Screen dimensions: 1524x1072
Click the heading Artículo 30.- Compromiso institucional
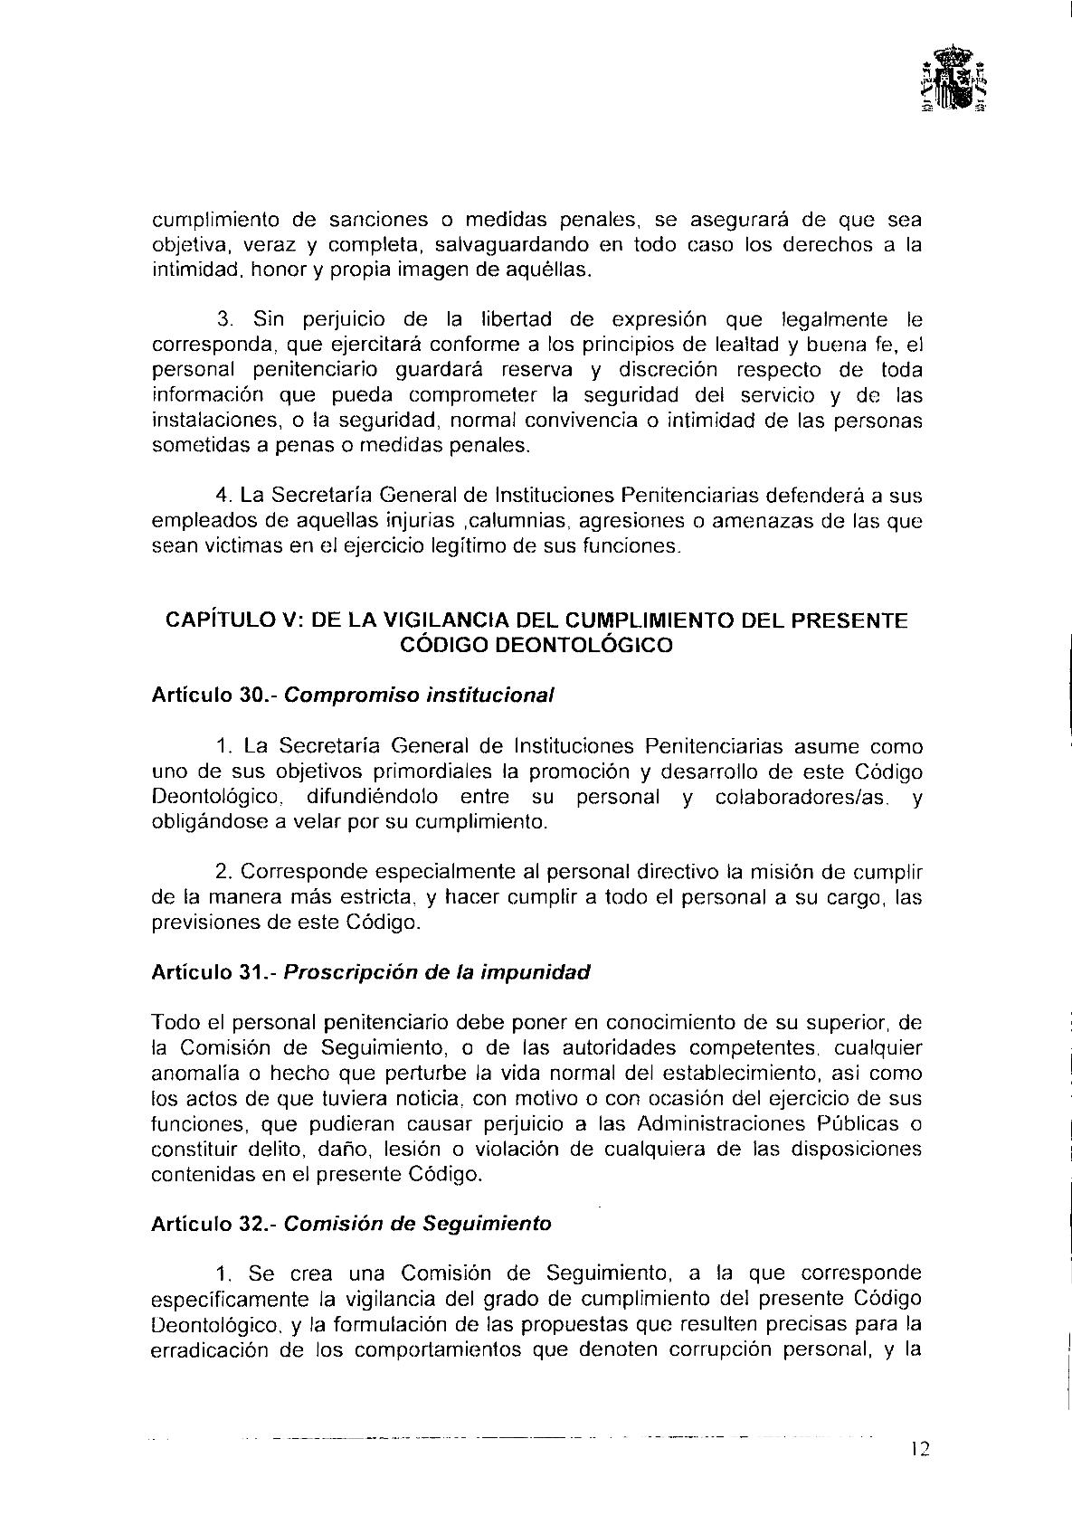point(352,696)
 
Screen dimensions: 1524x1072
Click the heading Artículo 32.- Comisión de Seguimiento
point(351,1224)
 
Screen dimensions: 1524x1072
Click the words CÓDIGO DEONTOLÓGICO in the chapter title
point(536,645)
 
